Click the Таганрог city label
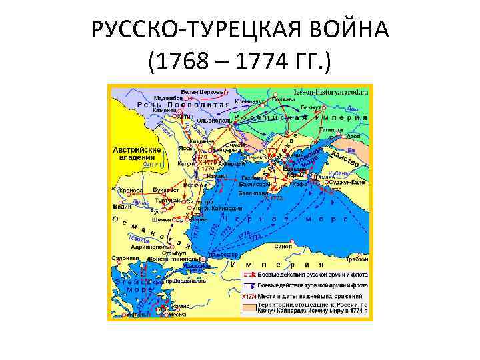pos(331,129)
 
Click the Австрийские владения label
pos(137,153)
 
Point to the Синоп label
pos(283,245)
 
